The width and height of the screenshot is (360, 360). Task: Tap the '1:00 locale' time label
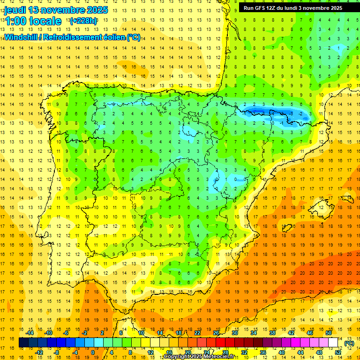[x=33, y=21]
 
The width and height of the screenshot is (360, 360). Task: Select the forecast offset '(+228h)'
[x=83, y=21]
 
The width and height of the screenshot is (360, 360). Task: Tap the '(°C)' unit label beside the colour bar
[x=349, y=343]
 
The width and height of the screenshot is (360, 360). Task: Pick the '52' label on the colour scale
[x=338, y=352]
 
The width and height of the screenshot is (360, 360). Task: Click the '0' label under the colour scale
[x=92, y=352]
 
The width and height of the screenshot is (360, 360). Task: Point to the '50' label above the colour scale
[x=329, y=333]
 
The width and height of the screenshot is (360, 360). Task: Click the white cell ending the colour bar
[x=333, y=343]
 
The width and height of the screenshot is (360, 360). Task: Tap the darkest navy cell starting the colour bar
[x=23, y=343]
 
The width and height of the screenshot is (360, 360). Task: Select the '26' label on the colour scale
[x=216, y=333]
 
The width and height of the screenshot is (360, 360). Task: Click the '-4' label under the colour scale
[x=75, y=352]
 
